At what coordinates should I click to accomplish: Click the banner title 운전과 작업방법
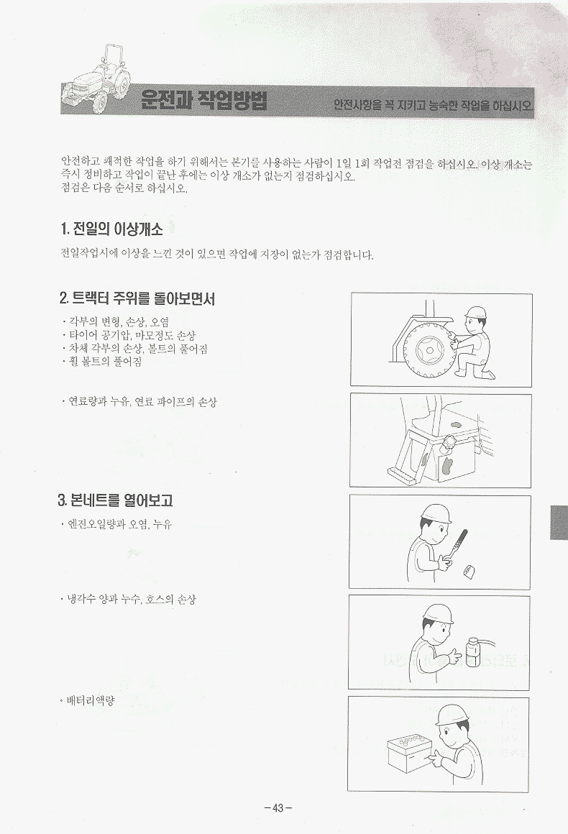[203, 100]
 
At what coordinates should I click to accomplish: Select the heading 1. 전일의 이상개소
[111, 229]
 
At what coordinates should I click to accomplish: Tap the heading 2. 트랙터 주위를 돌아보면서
[137, 298]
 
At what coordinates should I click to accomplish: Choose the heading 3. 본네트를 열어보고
[115, 500]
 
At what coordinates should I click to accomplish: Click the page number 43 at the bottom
[278, 808]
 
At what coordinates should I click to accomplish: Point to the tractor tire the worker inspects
[428, 351]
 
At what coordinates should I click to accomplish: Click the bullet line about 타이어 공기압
[129, 335]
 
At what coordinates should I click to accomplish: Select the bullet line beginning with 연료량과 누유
[139, 402]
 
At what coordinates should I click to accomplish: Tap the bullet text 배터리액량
[87, 700]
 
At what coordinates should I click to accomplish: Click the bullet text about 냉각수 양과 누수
[128, 600]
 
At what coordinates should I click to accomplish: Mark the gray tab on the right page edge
[559, 522]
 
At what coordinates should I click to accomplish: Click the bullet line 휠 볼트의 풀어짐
[101, 362]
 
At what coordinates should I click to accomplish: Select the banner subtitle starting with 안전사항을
[433, 105]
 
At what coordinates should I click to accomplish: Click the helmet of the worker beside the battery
[452, 715]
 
